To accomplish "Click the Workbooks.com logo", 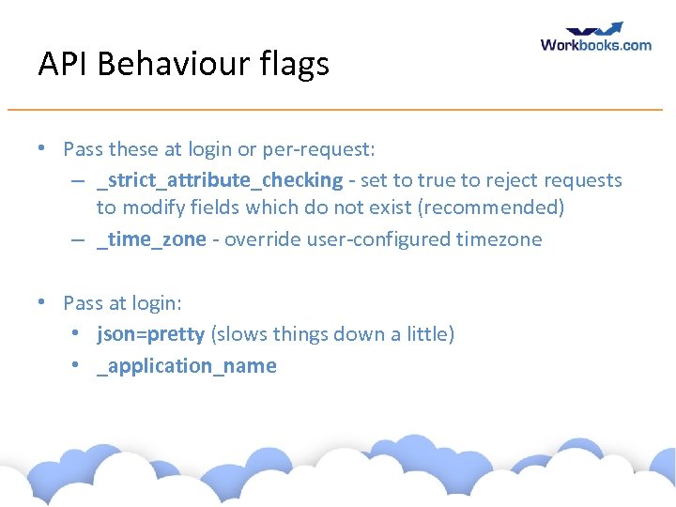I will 595,38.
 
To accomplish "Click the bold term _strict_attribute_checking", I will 220,179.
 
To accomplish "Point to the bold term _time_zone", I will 151,239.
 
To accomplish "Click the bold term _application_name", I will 186,366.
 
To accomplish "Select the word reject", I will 497,179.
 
